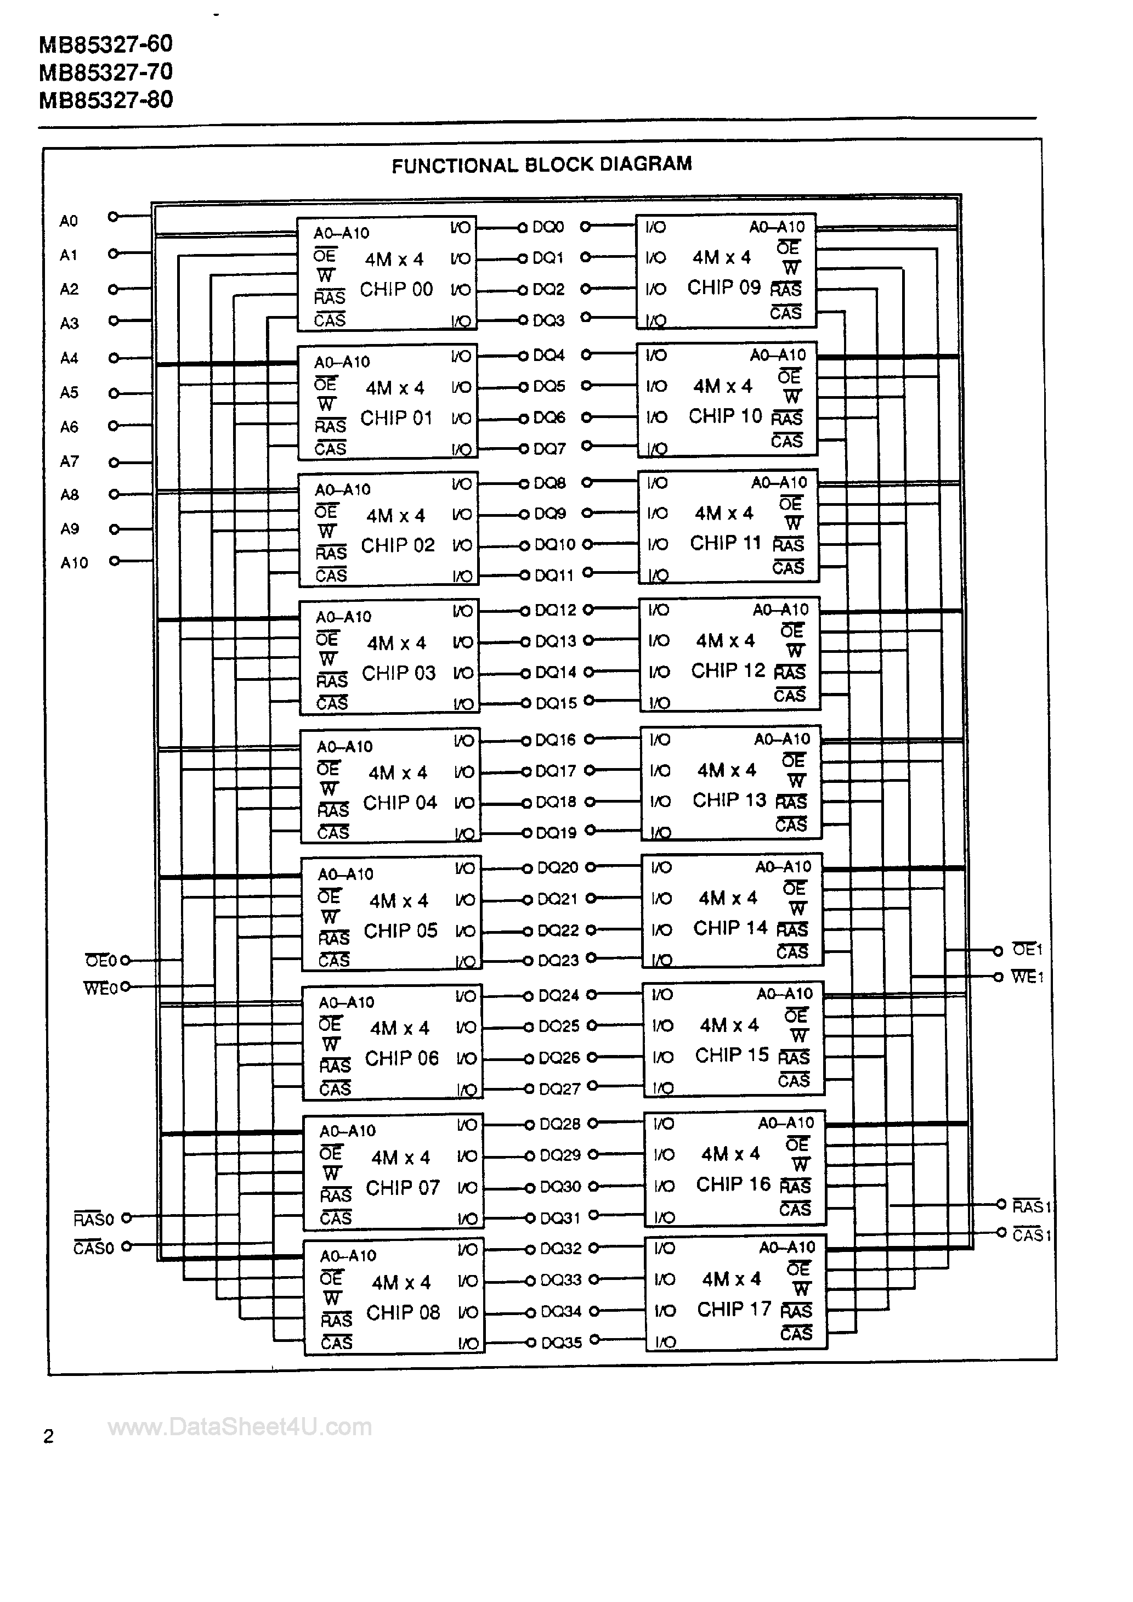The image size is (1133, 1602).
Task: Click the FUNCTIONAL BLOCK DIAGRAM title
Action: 541,165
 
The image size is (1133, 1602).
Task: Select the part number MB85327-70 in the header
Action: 106,72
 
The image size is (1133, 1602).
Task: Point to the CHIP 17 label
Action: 734,1310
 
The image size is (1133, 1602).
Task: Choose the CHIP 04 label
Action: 400,803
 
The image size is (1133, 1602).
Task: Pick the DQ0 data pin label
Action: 548,227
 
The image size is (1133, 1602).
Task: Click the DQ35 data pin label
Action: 561,1342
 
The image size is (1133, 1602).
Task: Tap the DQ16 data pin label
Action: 556,740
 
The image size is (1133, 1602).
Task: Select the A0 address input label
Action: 69,221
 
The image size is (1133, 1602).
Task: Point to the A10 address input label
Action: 74,562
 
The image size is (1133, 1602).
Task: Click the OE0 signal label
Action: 101,961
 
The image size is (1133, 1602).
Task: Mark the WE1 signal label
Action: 1027,977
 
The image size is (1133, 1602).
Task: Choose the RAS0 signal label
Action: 93,1219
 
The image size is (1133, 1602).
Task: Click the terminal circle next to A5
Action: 114,393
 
